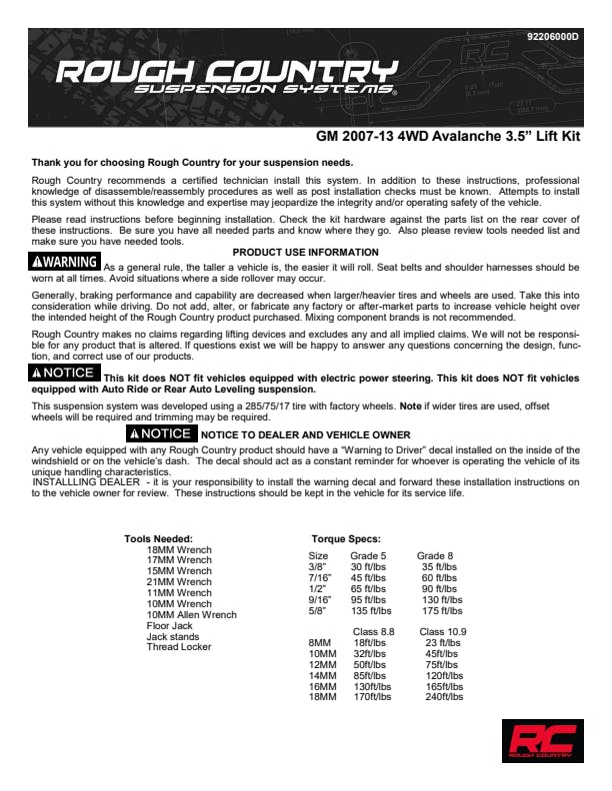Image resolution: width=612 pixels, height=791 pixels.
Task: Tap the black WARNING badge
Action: click(x=65, y=263)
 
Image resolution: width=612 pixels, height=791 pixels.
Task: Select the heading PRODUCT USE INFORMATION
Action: click(x=305, y=253)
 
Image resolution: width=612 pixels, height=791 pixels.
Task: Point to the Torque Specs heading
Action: click(x=346, y=538)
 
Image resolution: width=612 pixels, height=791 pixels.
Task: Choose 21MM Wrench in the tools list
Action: click(x=179, y=582)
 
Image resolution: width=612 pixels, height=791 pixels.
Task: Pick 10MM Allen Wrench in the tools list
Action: click(x=192, y=615)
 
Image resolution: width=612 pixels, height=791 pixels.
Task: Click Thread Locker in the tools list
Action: click(x=179, y=647)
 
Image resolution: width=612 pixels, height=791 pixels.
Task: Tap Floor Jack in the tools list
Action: click(x=170, y=626)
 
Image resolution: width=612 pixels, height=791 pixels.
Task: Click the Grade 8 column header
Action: click(x=434, y=555)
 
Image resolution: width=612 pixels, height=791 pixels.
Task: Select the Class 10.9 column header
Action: click(x=442, y=632)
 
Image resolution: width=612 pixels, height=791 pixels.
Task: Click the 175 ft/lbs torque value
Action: click(x=442, y=610)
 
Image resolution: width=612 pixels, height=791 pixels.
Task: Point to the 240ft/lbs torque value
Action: click(x=444, y=697)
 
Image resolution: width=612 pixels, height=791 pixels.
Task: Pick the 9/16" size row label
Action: click(x=320, y=599)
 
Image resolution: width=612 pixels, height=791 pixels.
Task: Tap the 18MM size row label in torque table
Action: click(x=322, y=697)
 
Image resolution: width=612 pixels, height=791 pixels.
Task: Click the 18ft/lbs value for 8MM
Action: click(x=370, y=643)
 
